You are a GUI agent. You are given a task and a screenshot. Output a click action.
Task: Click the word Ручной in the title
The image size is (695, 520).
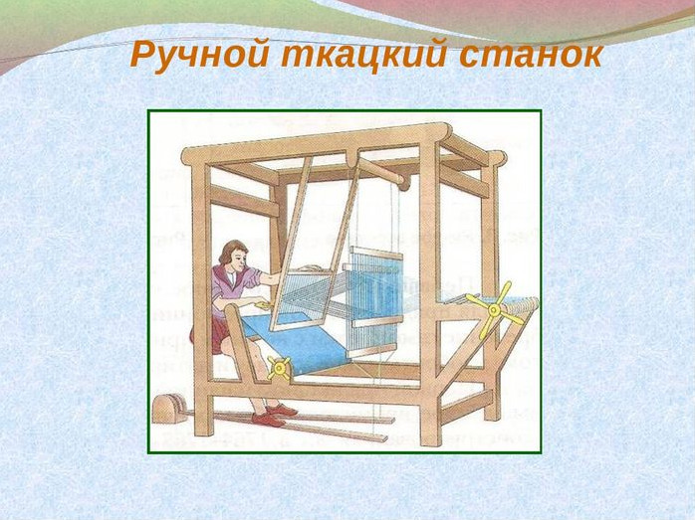coord(199,56)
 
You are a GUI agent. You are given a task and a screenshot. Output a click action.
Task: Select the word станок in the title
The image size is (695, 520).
coord(531,56)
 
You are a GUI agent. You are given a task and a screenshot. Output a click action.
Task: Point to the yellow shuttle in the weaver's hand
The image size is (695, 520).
coord(263,305)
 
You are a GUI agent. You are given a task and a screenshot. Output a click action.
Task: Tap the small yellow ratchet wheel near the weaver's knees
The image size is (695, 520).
coord(279,368)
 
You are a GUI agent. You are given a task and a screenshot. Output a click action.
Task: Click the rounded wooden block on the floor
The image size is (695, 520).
coord(168,409)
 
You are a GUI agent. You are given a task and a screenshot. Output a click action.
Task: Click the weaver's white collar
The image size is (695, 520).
coord(230,277)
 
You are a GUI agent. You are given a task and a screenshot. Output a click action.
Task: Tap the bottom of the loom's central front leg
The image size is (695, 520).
coord(432,440)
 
